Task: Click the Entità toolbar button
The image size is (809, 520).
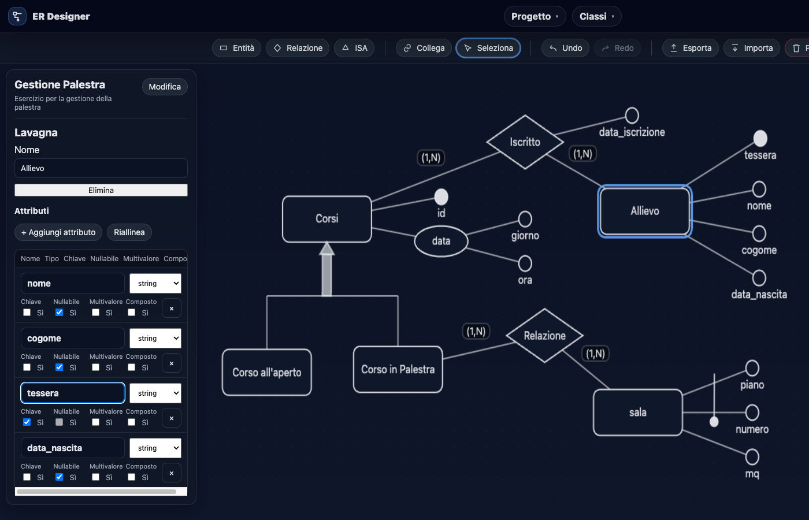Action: coord(237,48)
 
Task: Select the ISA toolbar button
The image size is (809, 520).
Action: coord(354,48)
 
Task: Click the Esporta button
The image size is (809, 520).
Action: coord(690,48)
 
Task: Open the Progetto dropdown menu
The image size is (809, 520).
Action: coord(535,16)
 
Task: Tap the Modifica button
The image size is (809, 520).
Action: coord(165,87)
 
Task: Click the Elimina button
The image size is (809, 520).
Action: coord(101,190)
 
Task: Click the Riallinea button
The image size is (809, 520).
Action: coord(129,232)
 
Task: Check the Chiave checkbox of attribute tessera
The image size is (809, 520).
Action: coord(27,422)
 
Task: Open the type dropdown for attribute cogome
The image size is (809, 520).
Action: coord(155,339)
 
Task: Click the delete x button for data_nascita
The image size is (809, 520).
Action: coord(172,473)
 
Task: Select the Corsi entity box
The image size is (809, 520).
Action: coord(327,219)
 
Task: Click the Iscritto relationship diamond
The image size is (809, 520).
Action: coord(525,142)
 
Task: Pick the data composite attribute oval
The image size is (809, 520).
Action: coord(441,241)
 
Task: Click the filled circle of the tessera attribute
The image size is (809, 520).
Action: coord(760,139)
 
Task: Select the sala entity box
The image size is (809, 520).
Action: coord(637,413)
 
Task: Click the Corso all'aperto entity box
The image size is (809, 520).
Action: coord(266,373)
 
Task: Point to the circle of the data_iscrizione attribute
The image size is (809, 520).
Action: coord(632,116)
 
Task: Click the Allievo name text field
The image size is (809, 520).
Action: coord(101,168)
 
